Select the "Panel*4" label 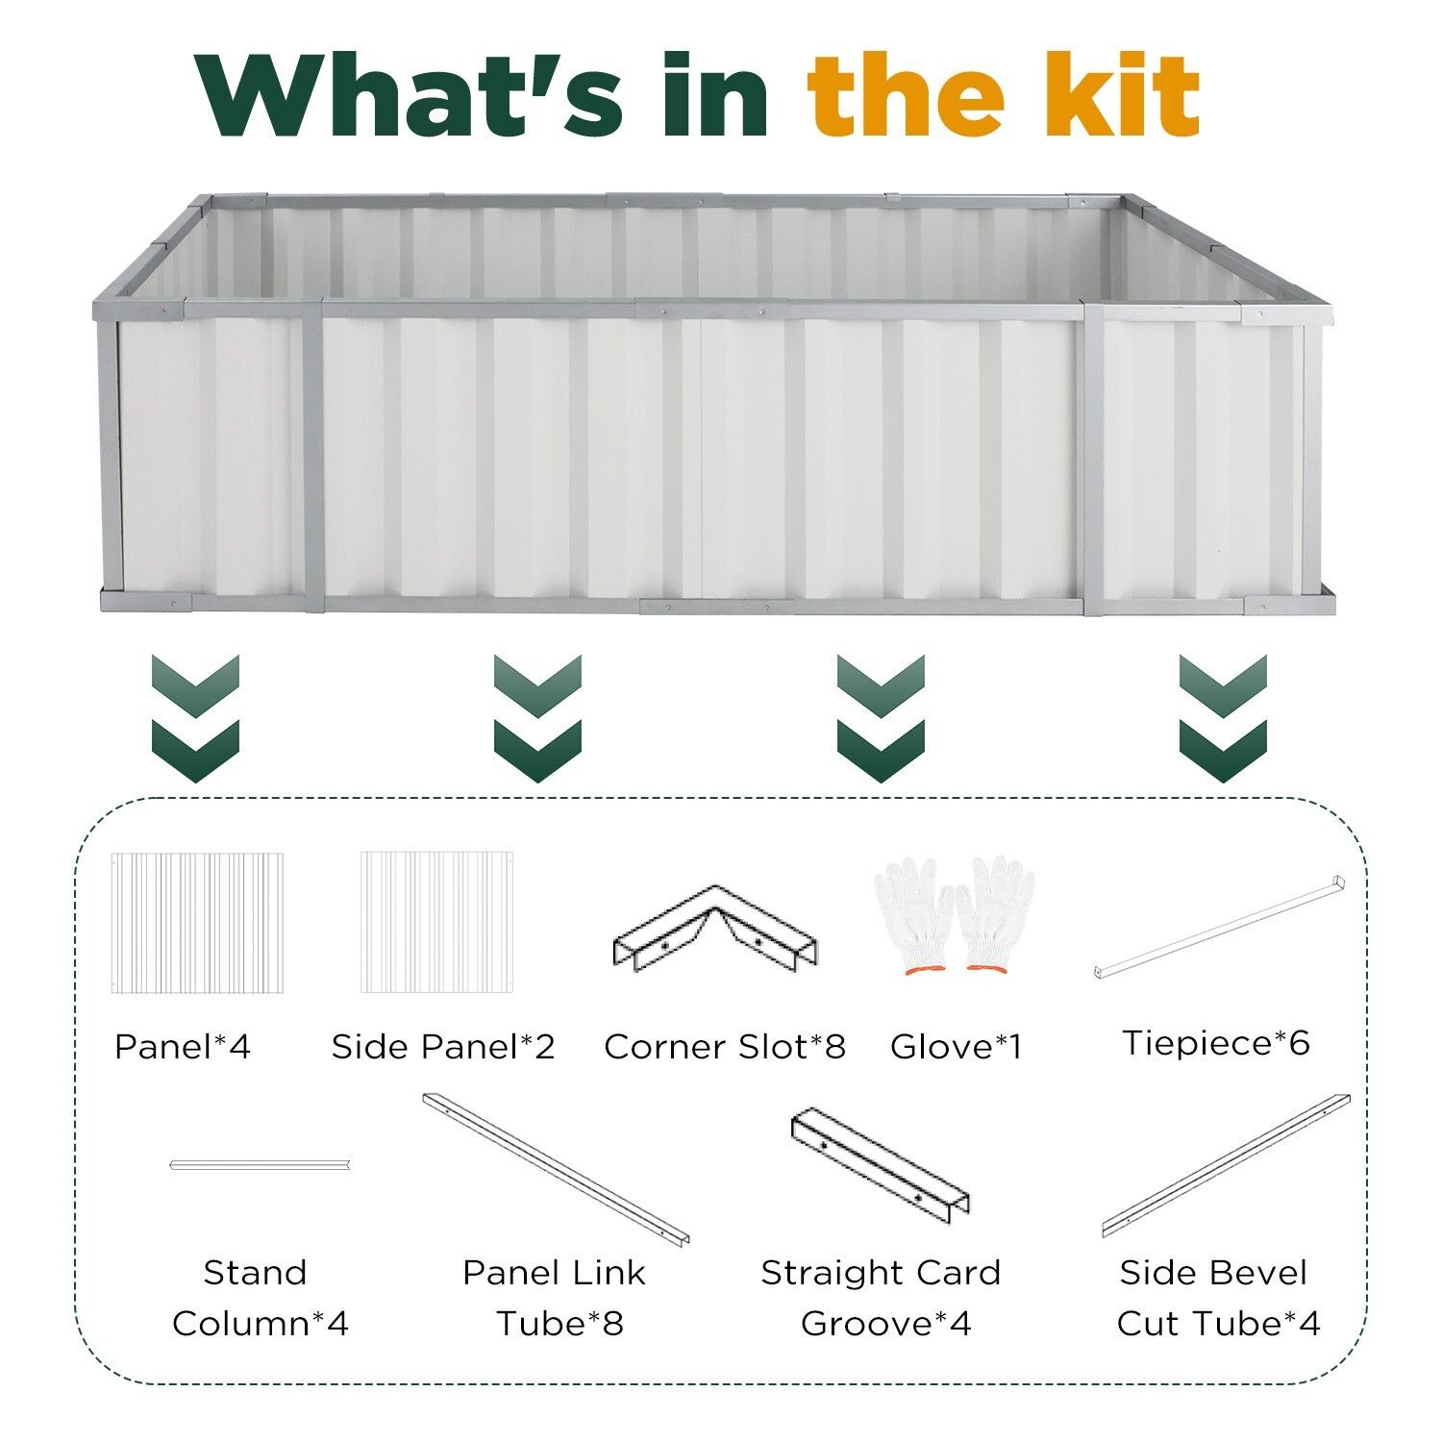[183, 1046]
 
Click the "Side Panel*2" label [443, 1046]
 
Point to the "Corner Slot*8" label [725, 1046]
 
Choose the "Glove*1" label [956, 1046]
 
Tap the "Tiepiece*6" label [1216, 1042]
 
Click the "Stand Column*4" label [260, 1298]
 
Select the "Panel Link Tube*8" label [555, 1298]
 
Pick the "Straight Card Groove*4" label [882, 1298]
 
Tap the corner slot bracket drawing [715, 927]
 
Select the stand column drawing [260, 1164]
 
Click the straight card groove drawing [880, 1165]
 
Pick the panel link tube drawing [557, 1168]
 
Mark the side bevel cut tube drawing [1227, 1165]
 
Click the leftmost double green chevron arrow [195, 718]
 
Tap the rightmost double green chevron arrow [1223, 718]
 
